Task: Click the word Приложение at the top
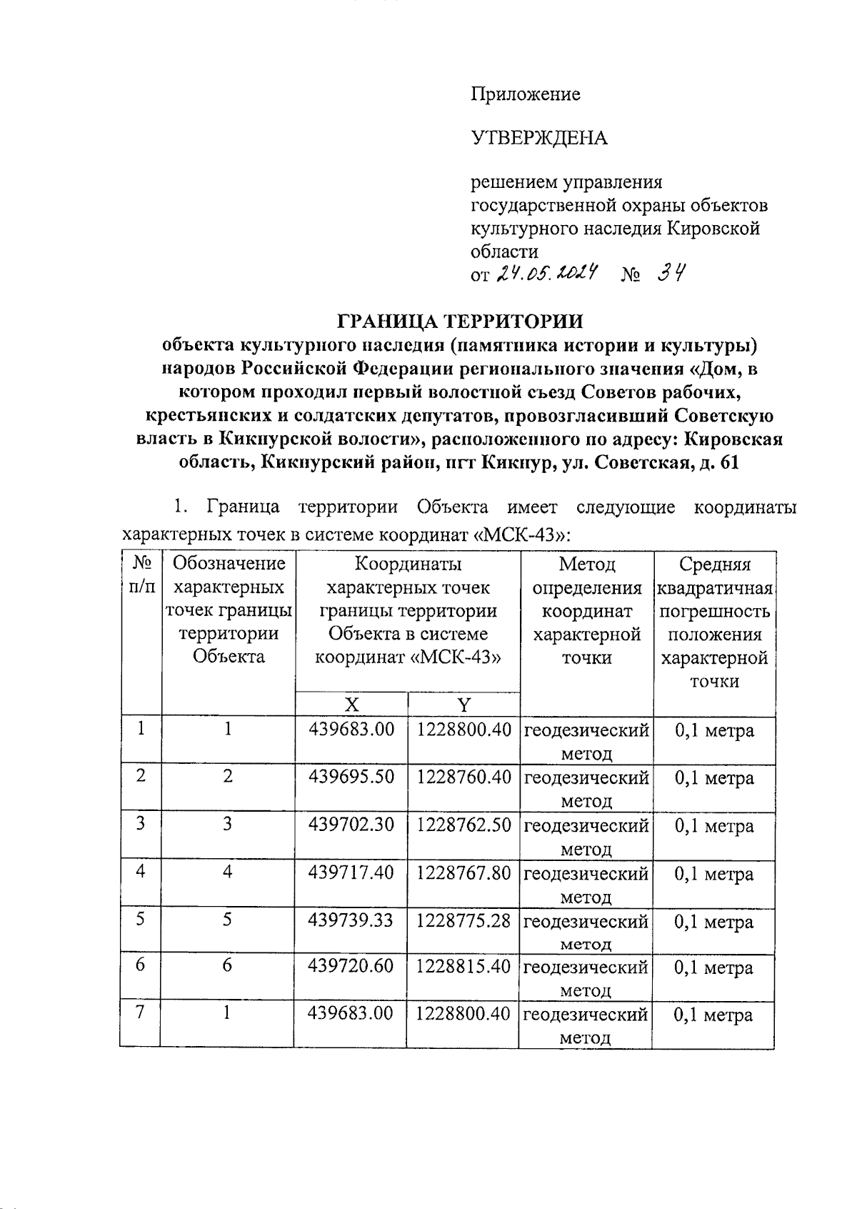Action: point(525,94)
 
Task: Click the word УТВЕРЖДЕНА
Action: point(538,137)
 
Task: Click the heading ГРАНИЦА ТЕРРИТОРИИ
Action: point(460,321)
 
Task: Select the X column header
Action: point(351,705)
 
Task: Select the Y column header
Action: point(464,705)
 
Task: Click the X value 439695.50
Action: point(351,777)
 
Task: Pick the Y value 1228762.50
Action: point(464,825)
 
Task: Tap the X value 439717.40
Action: point(351,873)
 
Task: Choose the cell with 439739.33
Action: point(351,920)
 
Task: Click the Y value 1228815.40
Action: point(464,967)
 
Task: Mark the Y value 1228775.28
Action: point(464,920)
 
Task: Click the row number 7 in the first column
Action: point(141,1013)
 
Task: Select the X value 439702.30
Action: point(351,825)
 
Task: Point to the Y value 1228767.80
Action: point(464,873)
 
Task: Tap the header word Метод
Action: point(587,564)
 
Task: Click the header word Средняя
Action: point(714,564)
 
